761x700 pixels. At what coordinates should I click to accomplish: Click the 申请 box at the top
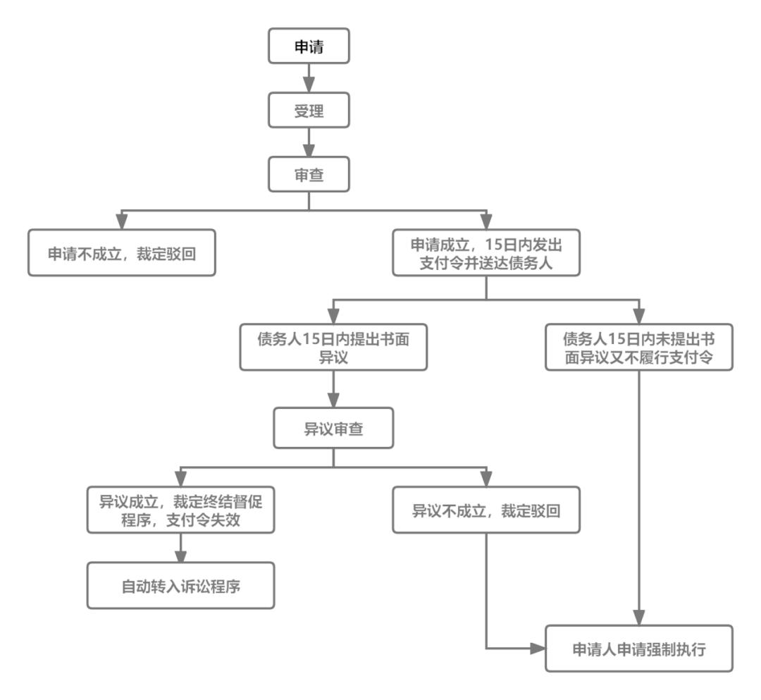(309, 47)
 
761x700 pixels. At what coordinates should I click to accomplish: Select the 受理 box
(309, 111)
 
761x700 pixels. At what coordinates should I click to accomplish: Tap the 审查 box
(309, 175)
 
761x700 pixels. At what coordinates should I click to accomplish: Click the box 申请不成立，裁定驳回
(122, 252)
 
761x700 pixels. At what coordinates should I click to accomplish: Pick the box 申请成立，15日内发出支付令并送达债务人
(485, 252)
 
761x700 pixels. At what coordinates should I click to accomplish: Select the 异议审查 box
(333, 428)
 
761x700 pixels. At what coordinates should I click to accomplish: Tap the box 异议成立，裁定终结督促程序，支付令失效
(180, 508)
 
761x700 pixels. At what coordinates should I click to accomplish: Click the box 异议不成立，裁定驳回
(486, 508)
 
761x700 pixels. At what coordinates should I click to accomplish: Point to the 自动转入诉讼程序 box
(180, 585)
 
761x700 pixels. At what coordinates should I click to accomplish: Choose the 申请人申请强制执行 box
(639, 647)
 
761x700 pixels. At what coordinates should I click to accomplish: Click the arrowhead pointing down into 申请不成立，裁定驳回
(122, 221)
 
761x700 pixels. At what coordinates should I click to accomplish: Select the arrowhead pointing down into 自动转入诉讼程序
(180, 554)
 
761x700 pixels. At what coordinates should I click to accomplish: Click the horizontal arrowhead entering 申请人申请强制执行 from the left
(538, 647)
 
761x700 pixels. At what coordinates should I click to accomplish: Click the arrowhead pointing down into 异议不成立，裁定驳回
(486, 477)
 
